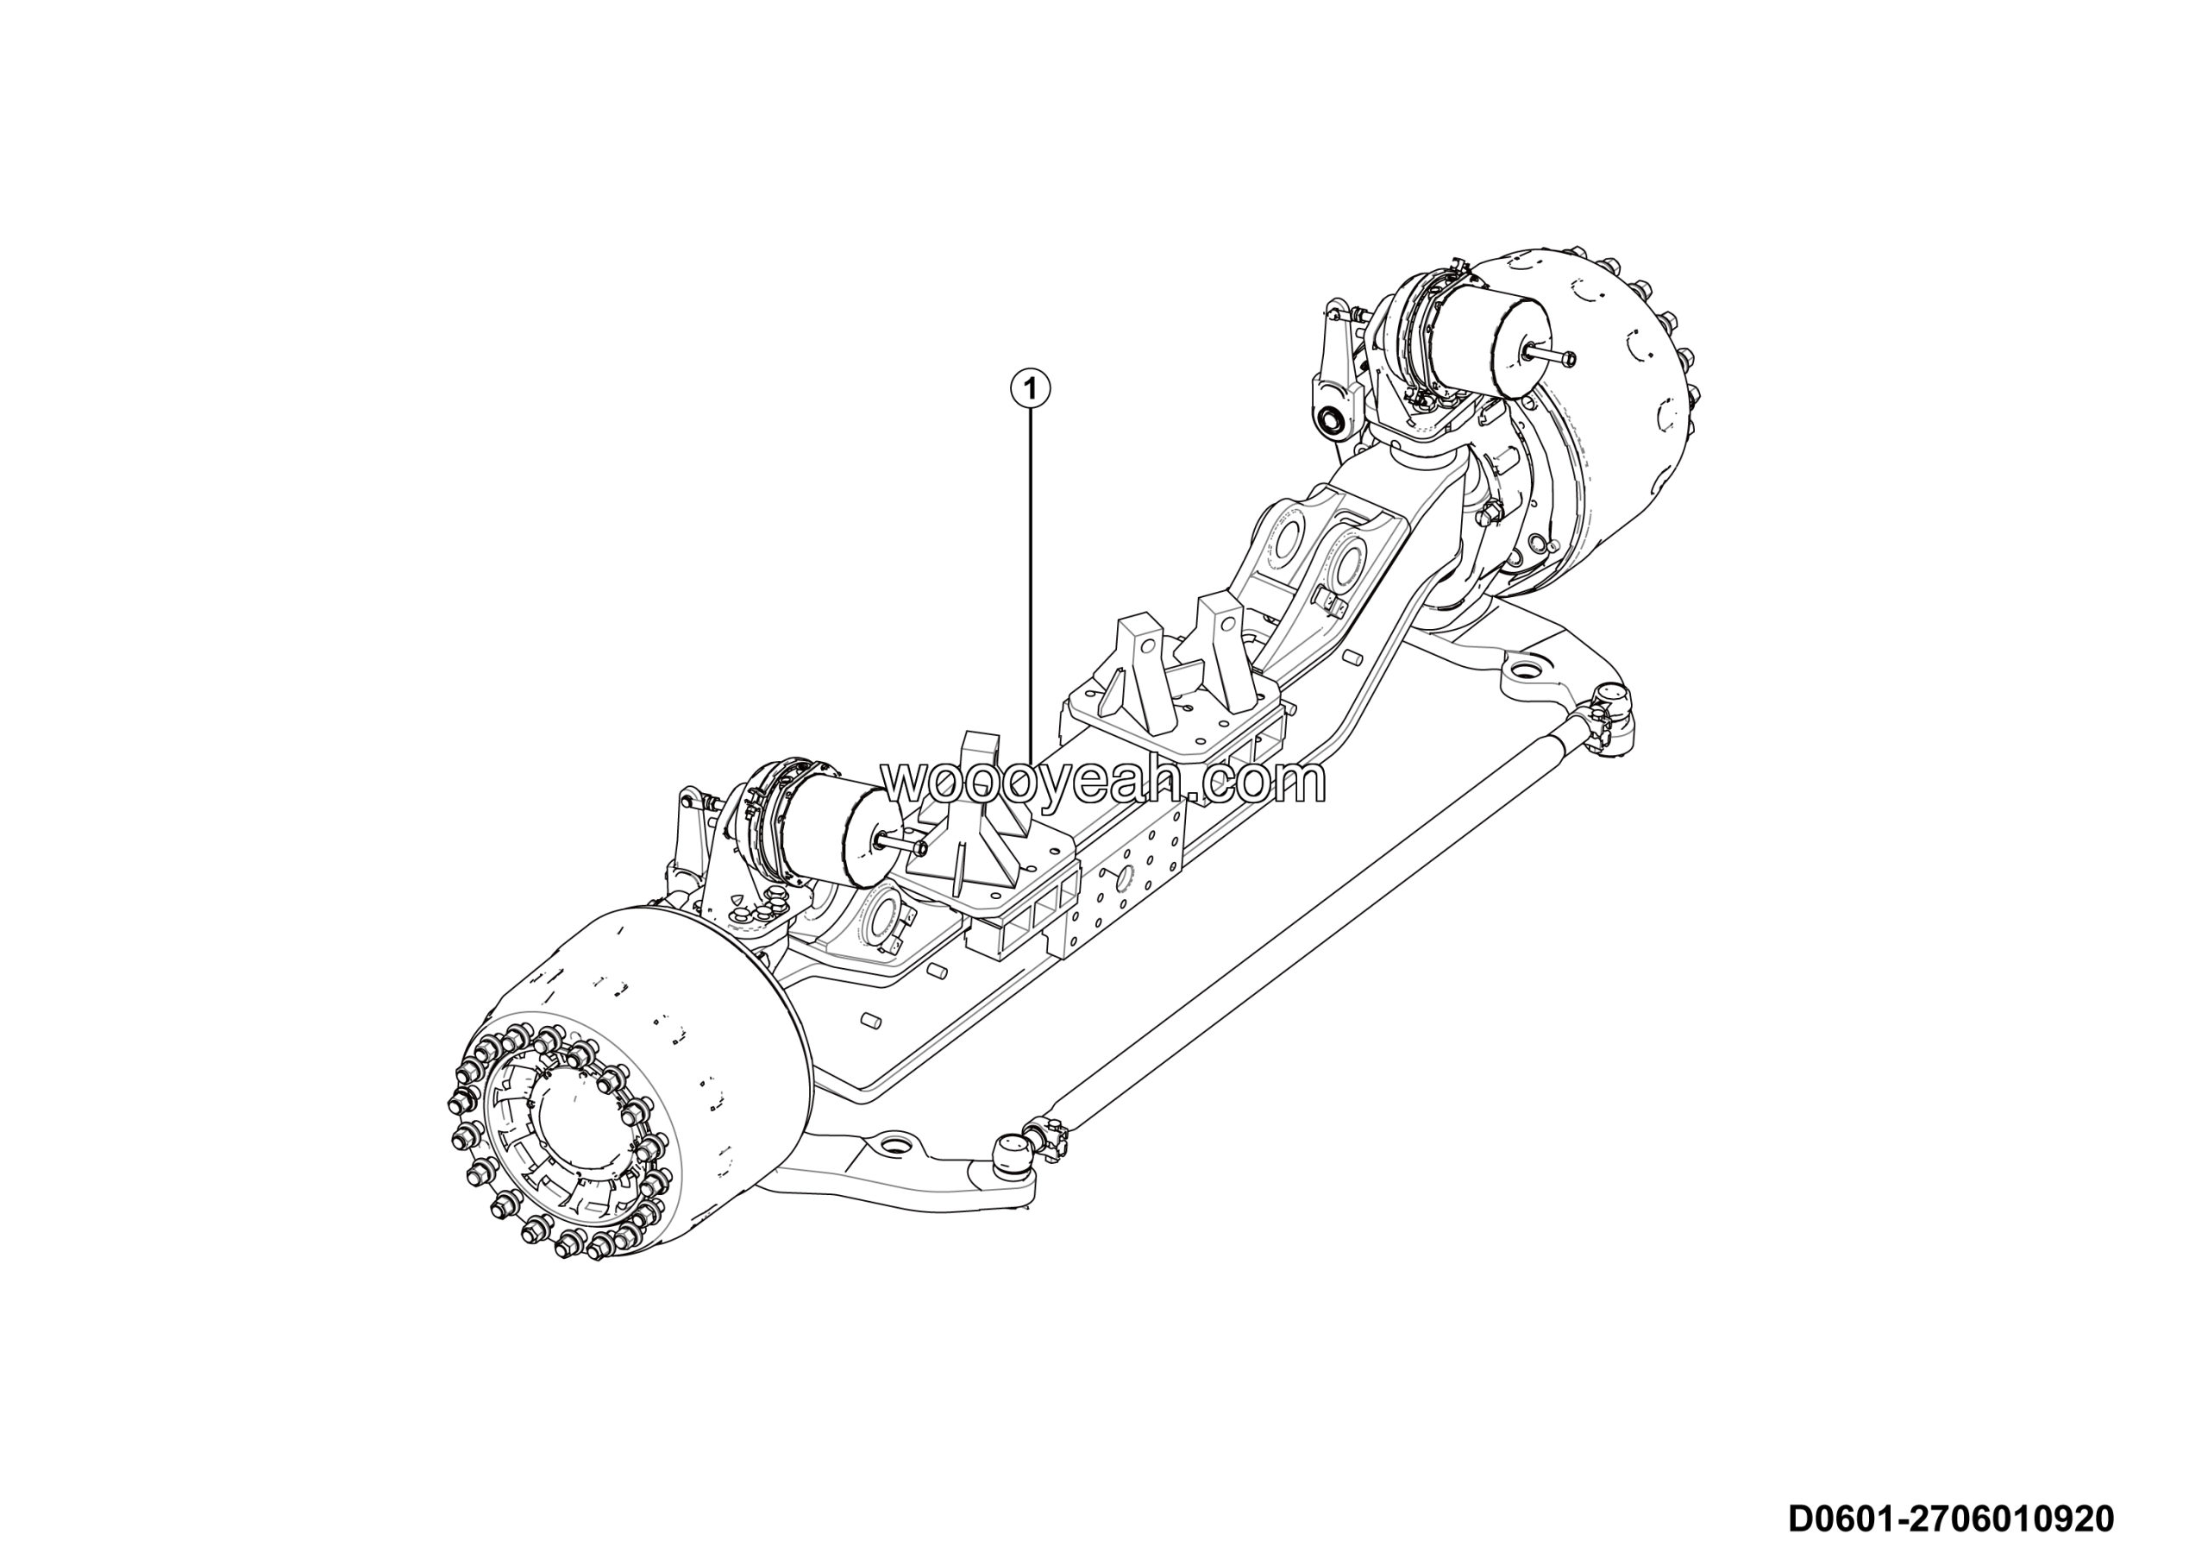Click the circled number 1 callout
click(1030, 389)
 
